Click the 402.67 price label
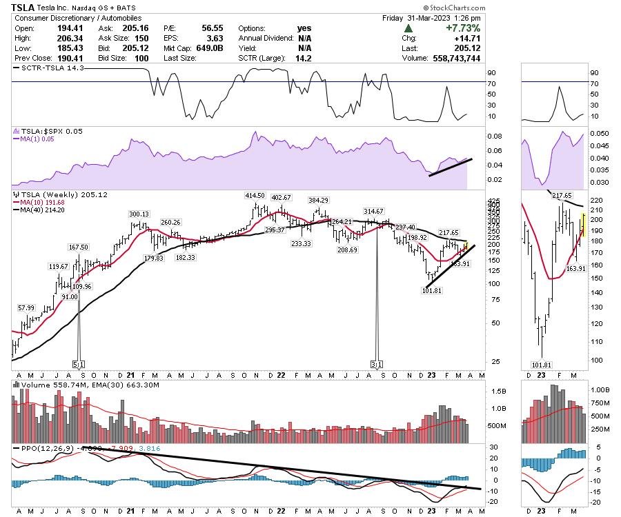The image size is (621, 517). (x=282, y=198)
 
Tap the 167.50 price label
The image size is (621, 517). (x=79, y=247)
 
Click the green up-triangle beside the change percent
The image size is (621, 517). (x=409, y=28)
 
